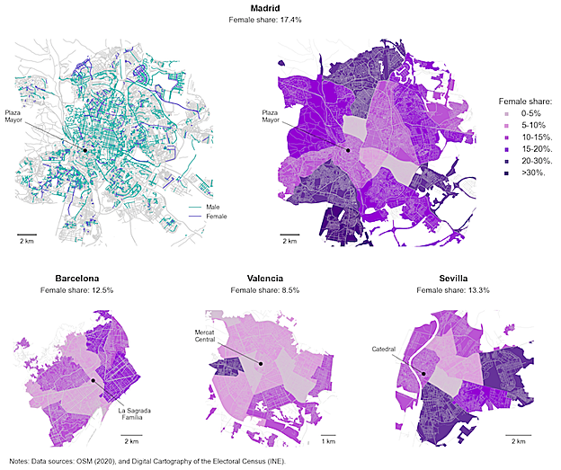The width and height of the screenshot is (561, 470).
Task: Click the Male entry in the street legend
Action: click(212, 206)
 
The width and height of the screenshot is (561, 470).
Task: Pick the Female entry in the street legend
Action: click(216, 217)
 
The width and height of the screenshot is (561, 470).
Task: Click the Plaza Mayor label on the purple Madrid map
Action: click(271, 116)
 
